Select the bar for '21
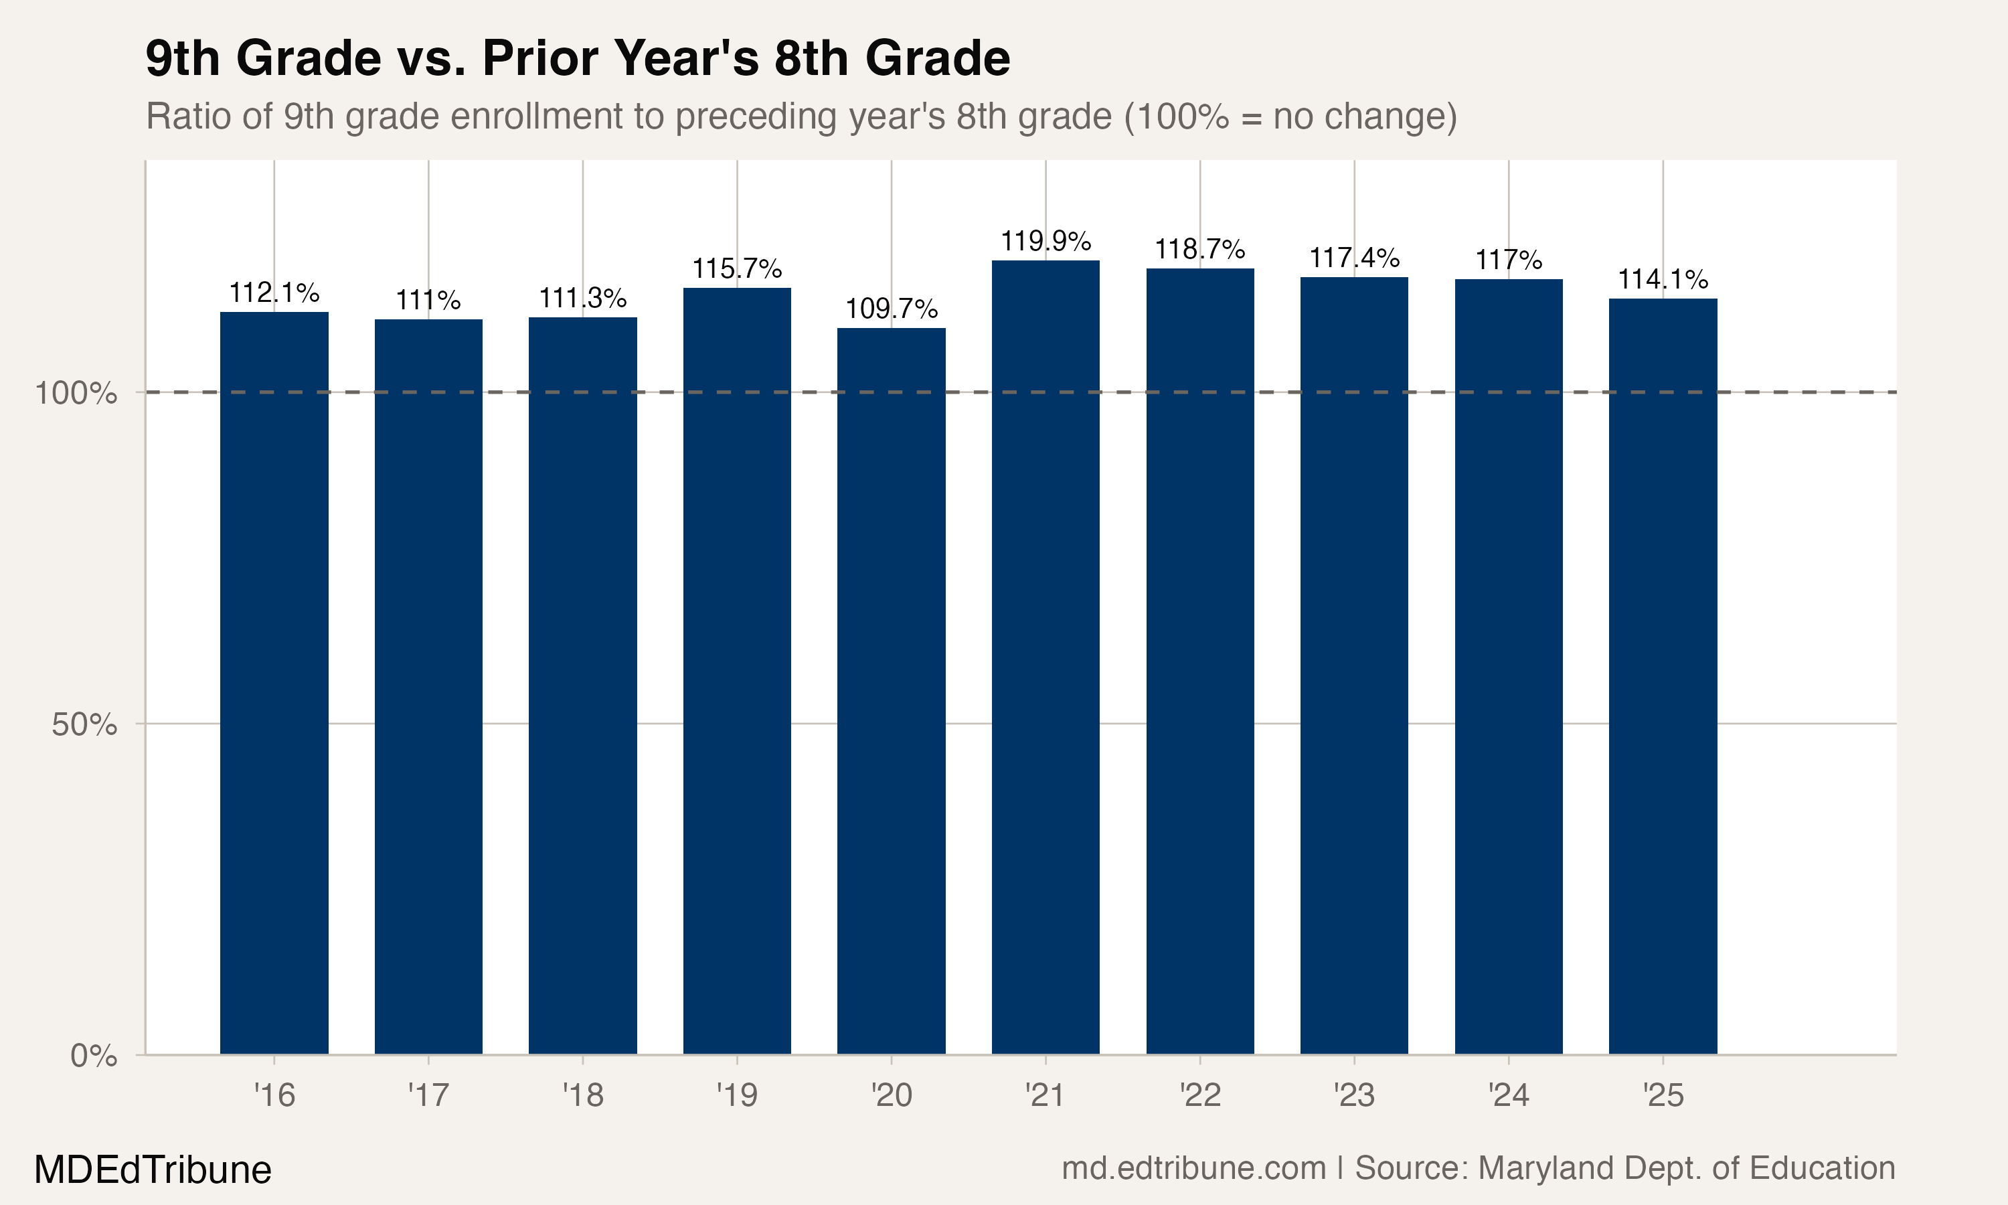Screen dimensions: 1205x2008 1045,657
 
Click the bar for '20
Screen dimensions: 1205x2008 891,690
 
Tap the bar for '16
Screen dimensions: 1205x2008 274,682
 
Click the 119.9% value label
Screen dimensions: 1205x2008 1045,241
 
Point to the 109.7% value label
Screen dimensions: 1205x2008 891,309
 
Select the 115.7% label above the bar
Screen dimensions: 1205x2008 737,268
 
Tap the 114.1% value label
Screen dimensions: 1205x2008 1663,279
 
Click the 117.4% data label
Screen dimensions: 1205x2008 1354,258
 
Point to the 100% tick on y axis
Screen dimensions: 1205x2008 76,394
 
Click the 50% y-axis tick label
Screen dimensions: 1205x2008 84,724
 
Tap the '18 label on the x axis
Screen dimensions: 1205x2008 583,1095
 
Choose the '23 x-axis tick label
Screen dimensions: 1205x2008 1354,1095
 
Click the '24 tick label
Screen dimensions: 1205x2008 1508,1095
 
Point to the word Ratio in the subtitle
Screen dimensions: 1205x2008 188,117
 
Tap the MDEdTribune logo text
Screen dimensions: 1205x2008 153,1170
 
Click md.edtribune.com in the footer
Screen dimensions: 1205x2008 1193,1168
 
